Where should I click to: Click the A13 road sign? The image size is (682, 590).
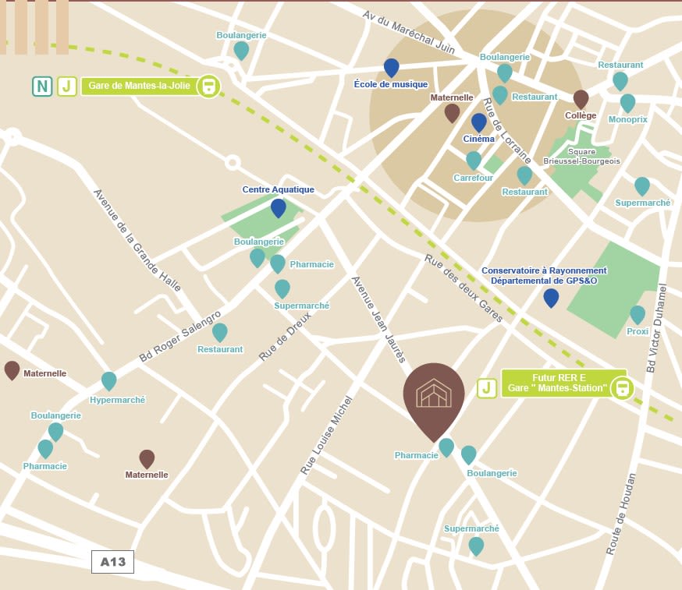(x=112, y=561)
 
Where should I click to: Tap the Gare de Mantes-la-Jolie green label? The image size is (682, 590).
(x=140, y=86)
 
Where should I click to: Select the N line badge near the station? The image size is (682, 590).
(x=42, y=86)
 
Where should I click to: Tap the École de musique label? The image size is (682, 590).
(x=391, y=84)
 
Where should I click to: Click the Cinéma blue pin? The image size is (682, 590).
(x=479, y=122)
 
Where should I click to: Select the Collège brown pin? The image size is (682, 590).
(x=581, y=98)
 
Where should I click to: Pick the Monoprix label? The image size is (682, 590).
(x=627, y=119)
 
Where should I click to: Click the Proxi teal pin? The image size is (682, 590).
(x=638, y=314)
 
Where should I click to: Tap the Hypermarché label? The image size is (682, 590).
(x=118, y=399)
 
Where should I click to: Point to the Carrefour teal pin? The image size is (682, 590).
(x=474, y=160)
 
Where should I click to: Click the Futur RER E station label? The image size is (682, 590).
(x=557, y=382)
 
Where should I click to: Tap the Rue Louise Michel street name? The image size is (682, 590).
(x=326, y=435)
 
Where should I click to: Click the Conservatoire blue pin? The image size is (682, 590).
(x=551, y=297)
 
